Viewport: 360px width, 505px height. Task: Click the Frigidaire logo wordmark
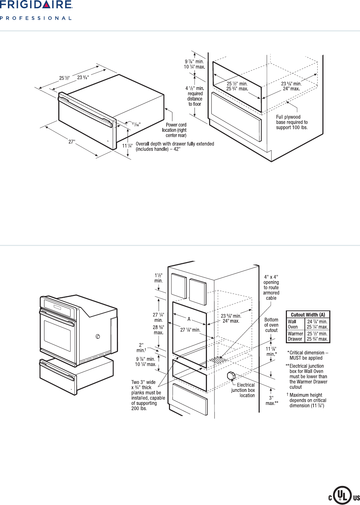pos(36,5)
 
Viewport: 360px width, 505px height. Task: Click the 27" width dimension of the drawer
pos(72,142)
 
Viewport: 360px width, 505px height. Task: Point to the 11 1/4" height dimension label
pos(127,146)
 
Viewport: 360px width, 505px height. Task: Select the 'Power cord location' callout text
pos(175,130)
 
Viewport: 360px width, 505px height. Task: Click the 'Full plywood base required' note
pos(292,122)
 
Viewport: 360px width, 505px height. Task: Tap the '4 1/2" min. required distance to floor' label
pos(195,96)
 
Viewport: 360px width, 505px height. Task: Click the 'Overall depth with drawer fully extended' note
pos(175,146)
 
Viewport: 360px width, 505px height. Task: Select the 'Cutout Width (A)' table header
pos(308,315)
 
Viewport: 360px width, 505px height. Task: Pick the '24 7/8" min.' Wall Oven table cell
pos(317,321)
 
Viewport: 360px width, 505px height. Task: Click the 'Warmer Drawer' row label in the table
pos(295,336)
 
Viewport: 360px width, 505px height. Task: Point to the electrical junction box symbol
pos(231,376)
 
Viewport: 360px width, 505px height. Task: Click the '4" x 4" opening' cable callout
pos(271,287)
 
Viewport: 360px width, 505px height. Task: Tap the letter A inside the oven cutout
pos(189,319)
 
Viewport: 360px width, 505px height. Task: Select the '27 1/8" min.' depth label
pos(190,330)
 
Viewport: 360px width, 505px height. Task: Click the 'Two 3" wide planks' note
pos(148,395)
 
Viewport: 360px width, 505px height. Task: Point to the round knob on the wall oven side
pos(98,336)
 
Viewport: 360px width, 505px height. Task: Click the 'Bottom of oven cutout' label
pos(271,325)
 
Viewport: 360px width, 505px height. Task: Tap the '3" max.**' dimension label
pos(272,400)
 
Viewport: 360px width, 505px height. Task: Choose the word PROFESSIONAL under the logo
pos(36,18)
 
